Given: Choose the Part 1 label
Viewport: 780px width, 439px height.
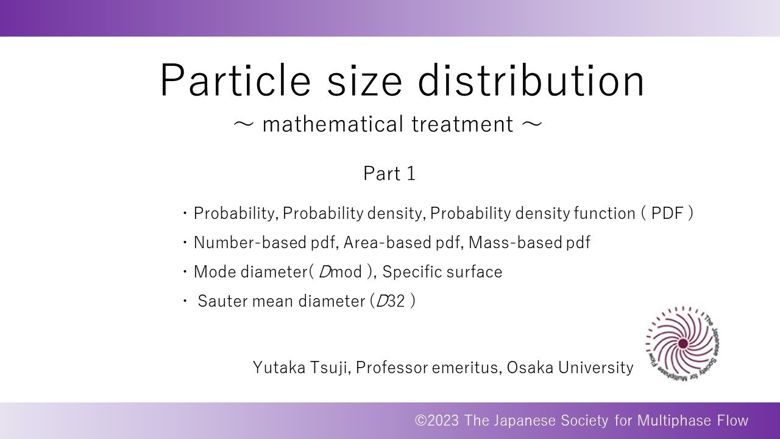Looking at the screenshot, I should [389, 174].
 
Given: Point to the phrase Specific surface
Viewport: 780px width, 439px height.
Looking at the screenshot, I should [442, 272].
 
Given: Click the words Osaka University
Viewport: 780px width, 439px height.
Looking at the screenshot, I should [570, 368].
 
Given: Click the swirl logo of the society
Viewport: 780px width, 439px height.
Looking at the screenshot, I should [682, 343].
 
